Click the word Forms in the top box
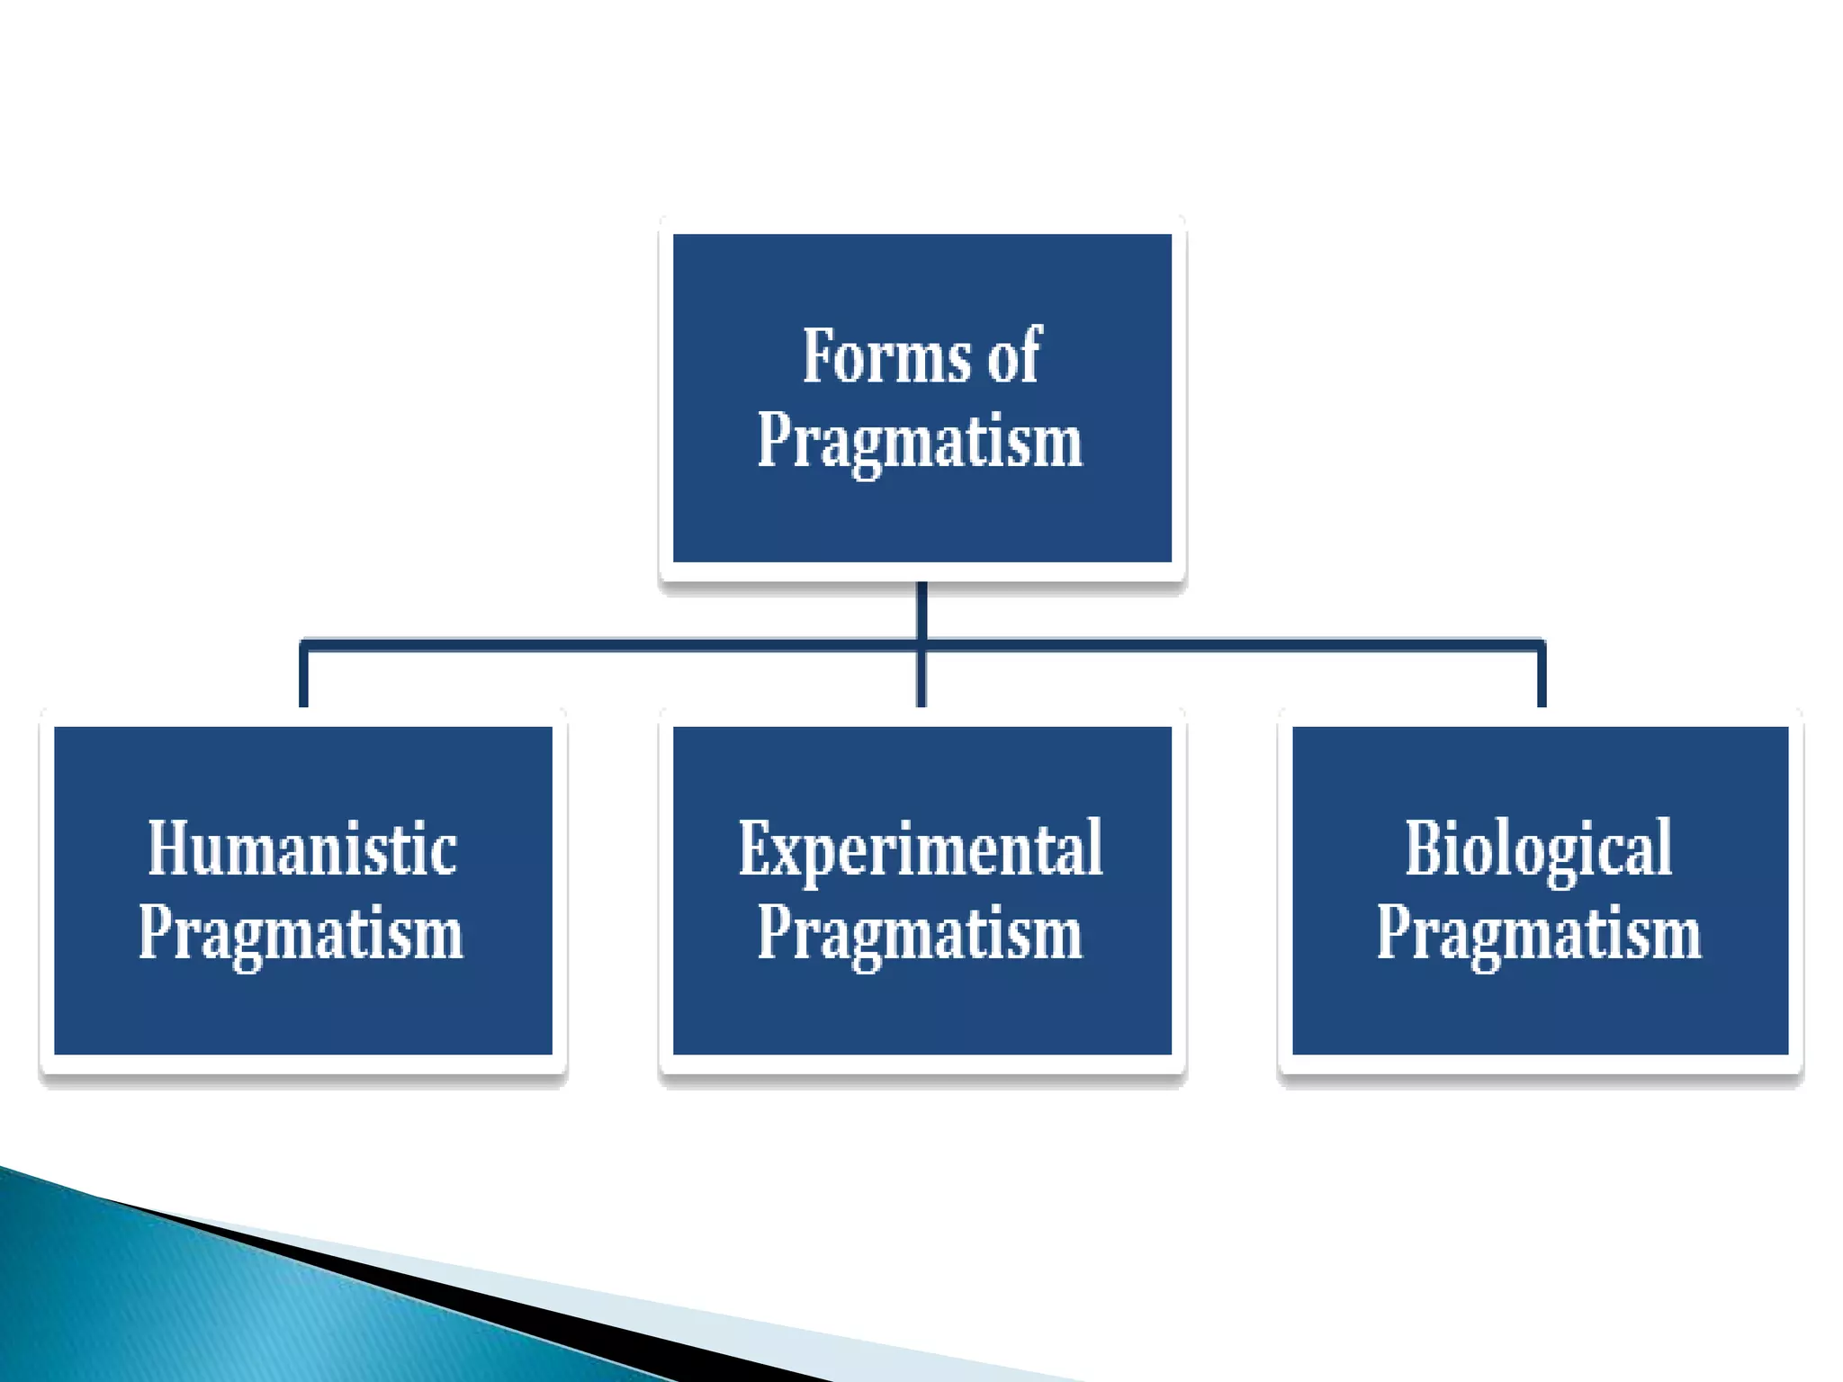pyautogui.click(x=886, y=357)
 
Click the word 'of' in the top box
pyautogui.click(x=1014, y=357)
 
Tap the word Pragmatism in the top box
pyautogui.click(x=920, y=441)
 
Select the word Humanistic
pyautogui.click(x=302, y=849)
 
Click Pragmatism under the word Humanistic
pyautogui.click(x=301, y=933)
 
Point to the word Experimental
pyautogui.click(x=921, y=849)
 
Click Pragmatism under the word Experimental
pyautogui.click(x=920, y=933)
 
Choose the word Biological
pyautogui.click(x=1539, y=849)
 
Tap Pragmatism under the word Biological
pyautogui.click(x=1539, y=933)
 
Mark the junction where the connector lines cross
pyautogui.click(x=921, y=644)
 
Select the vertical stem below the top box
pyautogui.click(x=921, y=607)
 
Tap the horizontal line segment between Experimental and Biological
pyautogui.click(x=1233, y=644)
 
